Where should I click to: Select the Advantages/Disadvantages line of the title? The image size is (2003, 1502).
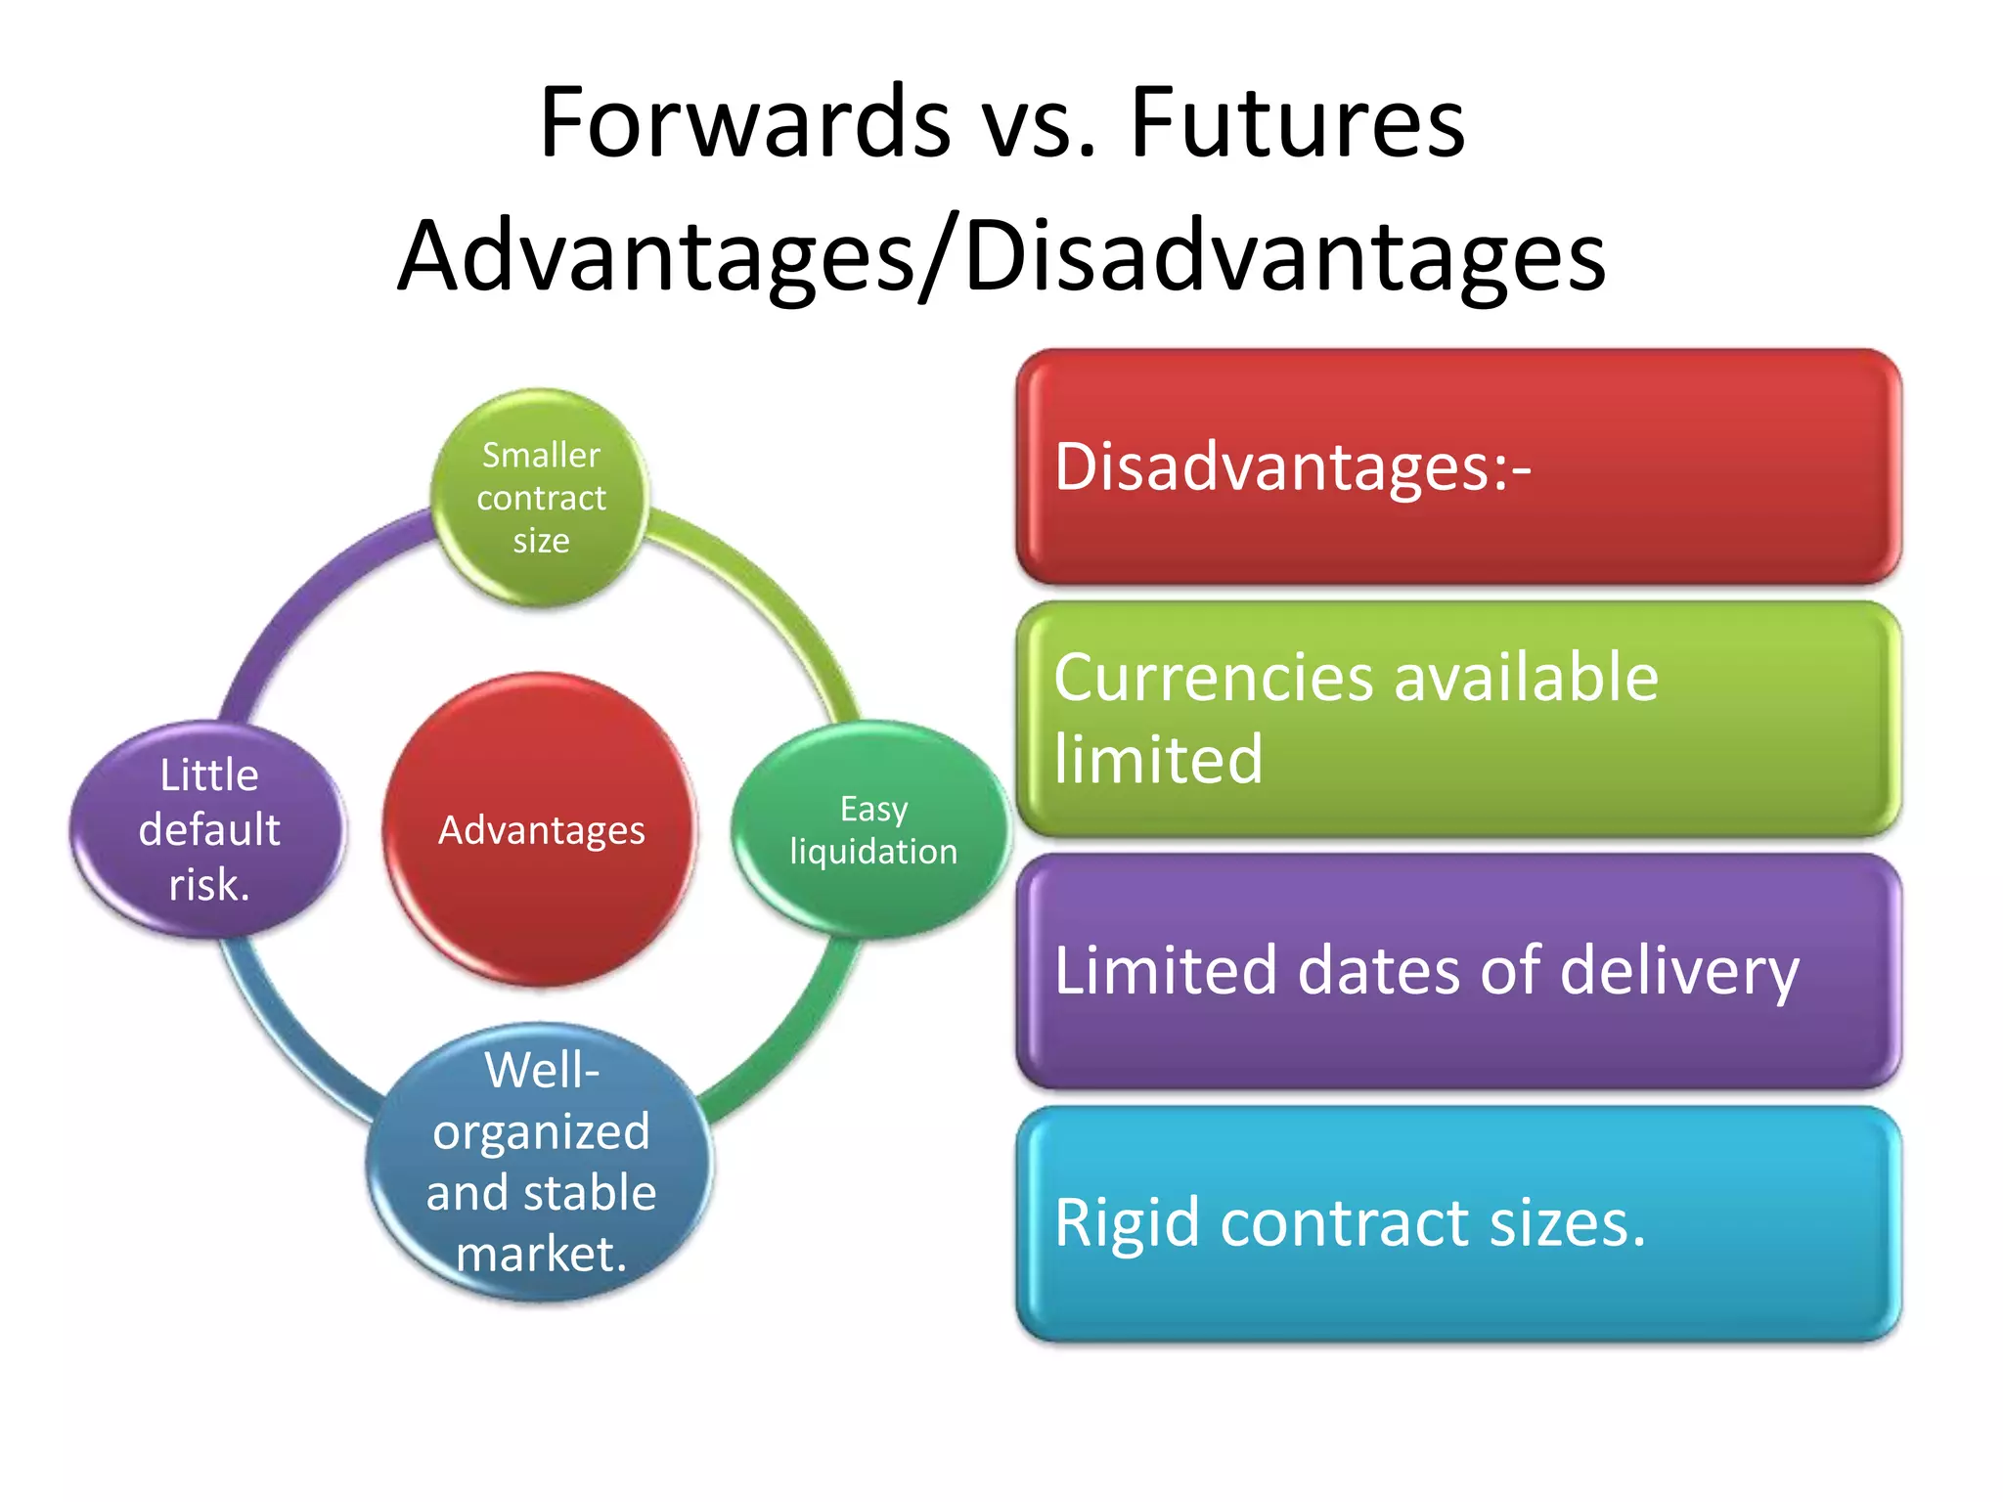tap(1001, 256)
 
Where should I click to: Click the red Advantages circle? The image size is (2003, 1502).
tap(541, 829)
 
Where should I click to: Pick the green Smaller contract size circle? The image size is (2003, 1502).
tap(541, 497)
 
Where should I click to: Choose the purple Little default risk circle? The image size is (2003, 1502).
tap(208, 829)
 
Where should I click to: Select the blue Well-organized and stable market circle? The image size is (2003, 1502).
tap(541, 1162)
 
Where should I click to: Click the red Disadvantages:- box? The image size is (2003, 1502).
tap(1458, 466)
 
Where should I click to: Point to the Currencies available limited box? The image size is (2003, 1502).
tap(1458, 719)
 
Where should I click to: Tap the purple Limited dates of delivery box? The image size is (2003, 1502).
tap(1458, 971)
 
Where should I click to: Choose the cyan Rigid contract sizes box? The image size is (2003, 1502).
tap(1458, 1223)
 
